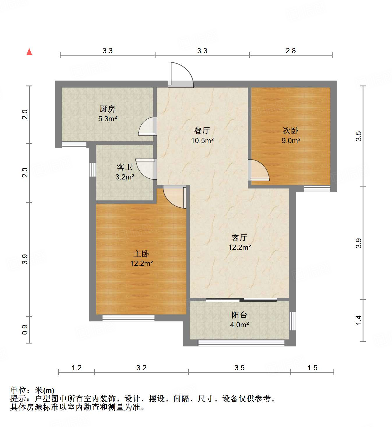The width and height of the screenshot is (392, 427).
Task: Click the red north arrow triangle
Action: click(x=29, y=52)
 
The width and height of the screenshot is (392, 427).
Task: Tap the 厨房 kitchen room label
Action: click(x=107, y=109)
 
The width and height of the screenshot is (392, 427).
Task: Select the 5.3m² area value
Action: click(x=107, y=119)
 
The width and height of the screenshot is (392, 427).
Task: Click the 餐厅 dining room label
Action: click(x=202, y=131)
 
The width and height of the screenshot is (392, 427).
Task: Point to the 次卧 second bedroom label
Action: click(x=291, y=131)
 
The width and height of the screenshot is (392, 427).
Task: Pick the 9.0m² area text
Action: click(x=291, y=140)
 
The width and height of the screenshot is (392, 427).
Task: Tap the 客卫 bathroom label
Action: click(x=125, y=167)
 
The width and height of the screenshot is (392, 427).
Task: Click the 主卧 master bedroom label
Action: click(x=141, y=254)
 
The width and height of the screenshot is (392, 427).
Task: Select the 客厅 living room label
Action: click(x=239, y=238)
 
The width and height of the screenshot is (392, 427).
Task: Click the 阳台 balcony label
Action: click(x=239, y=315)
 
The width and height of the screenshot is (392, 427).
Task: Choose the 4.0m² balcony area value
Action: click(x=239, y=325)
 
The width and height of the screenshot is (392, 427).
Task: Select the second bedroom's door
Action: click(x=258, y=170)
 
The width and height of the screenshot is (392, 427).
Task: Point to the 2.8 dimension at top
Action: click(x=291, y=51)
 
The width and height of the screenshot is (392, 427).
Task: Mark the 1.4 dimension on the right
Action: click(x=359, y=320)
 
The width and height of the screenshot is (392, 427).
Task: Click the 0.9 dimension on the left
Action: click(x=25, y=329)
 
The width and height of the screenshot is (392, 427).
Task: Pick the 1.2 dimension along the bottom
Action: click(x=76, y=368)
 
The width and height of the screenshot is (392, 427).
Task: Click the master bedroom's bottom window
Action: click(x=128, y=318)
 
